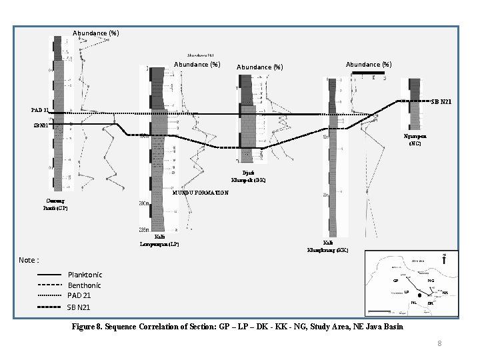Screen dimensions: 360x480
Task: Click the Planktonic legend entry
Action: click(x=85, y=275)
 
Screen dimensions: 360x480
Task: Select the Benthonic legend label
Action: click(x=85, y=285)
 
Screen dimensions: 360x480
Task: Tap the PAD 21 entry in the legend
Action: click(x=79, y=295)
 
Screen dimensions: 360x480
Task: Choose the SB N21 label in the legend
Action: click(x=78, y=307)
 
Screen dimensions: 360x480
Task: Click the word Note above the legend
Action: click(x=29, y=260)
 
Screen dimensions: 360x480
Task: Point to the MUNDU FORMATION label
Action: click(x=200, y=193)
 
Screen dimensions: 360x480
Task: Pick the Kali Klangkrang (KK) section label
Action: click(x=327, y=247)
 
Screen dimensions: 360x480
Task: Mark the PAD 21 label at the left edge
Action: click(x=40, y=110)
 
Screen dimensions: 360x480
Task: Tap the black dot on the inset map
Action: click(x=419, y=296)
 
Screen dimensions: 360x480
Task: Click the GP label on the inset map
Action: click(x=395, y=281)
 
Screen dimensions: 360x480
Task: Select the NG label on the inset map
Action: click(x=431, y=281)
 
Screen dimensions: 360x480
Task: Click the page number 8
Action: click(x=439, y=343)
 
